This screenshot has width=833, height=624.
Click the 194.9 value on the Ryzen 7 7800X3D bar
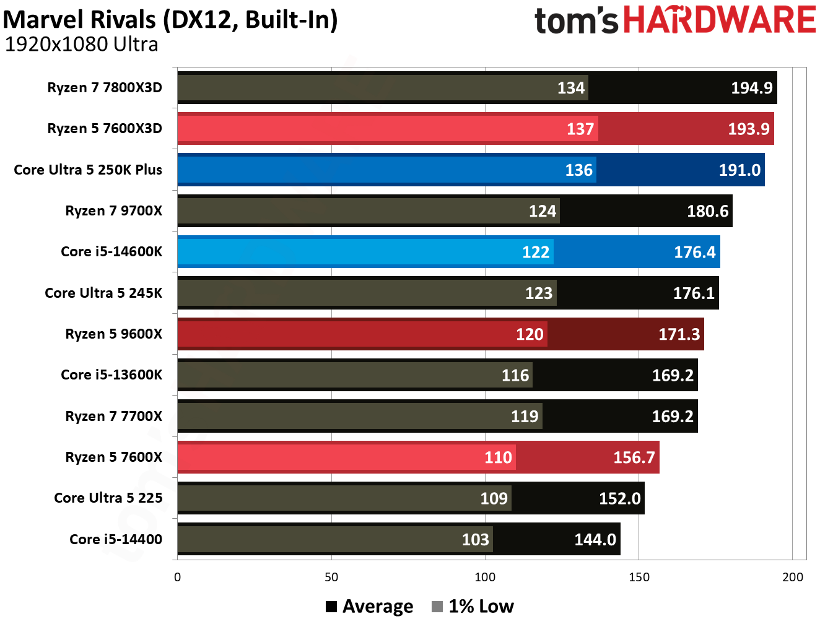[751, 88]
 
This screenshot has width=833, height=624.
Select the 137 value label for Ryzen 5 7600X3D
[580, 129]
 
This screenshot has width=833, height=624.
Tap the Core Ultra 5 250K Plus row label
[88, 170]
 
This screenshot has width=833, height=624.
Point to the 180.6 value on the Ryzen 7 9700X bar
[707, 211]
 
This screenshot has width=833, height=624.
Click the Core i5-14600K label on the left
[111, 251]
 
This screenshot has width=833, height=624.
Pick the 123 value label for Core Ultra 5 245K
[538, 293]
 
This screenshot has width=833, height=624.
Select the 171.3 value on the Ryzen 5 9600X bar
[679, 334]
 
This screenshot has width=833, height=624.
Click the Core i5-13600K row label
[111, 375]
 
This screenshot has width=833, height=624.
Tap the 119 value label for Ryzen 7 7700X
[524, 417]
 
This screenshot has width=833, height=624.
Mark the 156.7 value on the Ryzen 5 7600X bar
[634, 457]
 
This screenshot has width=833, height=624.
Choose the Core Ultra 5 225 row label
[108, 498]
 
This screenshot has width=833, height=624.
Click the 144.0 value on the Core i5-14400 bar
[595, 540]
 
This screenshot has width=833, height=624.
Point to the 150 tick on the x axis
[639, 577]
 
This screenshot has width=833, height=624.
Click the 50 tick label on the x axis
[331, 577]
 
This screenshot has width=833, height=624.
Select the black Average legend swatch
[331, 607]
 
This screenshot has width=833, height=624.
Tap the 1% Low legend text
[481, 607]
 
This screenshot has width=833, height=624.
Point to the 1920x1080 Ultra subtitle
[81, 45]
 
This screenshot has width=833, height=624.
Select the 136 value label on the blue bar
[578, 170]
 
